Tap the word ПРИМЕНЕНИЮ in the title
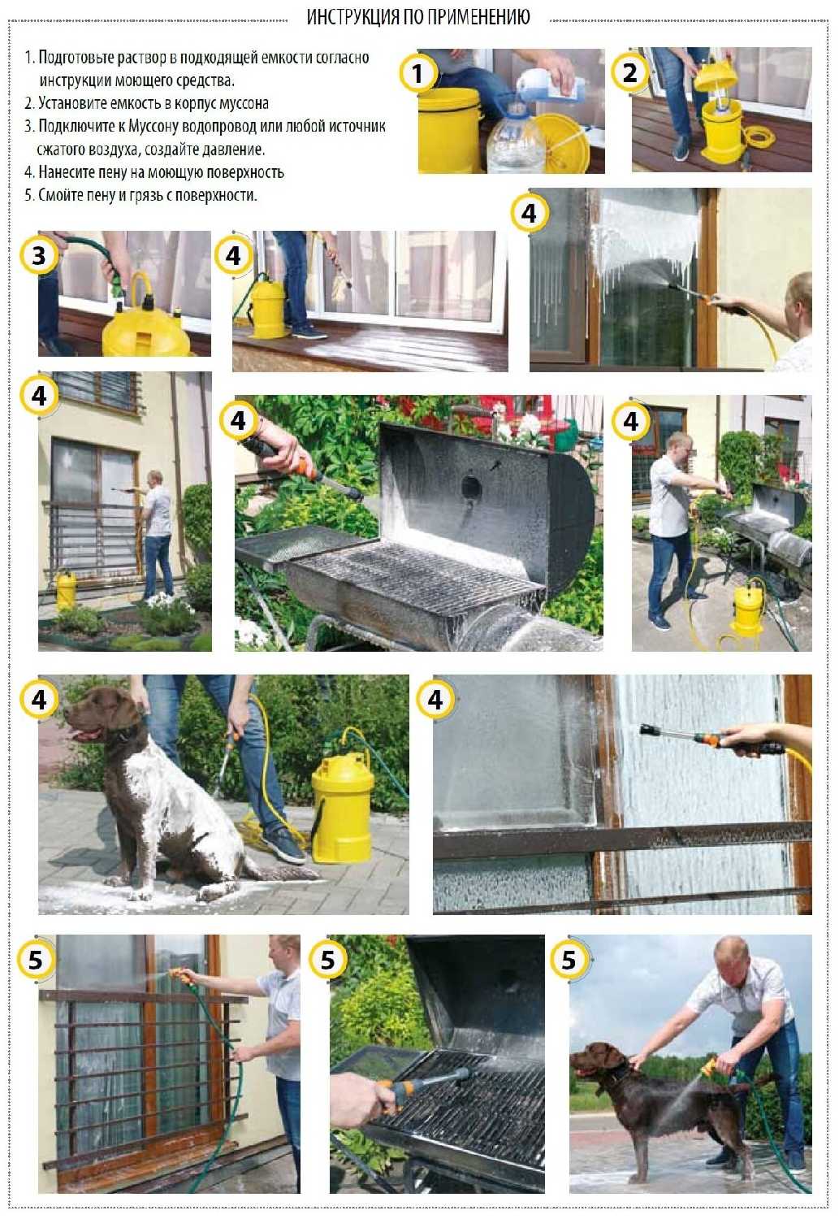(x=478, y=17)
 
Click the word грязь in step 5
(x=144, y=196)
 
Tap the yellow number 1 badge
(x=417, y=73)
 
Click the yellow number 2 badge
(x=629, y=72)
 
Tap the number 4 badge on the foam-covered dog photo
(x=39, y=700)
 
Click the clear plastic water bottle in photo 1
(x=514, y=139)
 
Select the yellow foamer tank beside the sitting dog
(x=341, y=805)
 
